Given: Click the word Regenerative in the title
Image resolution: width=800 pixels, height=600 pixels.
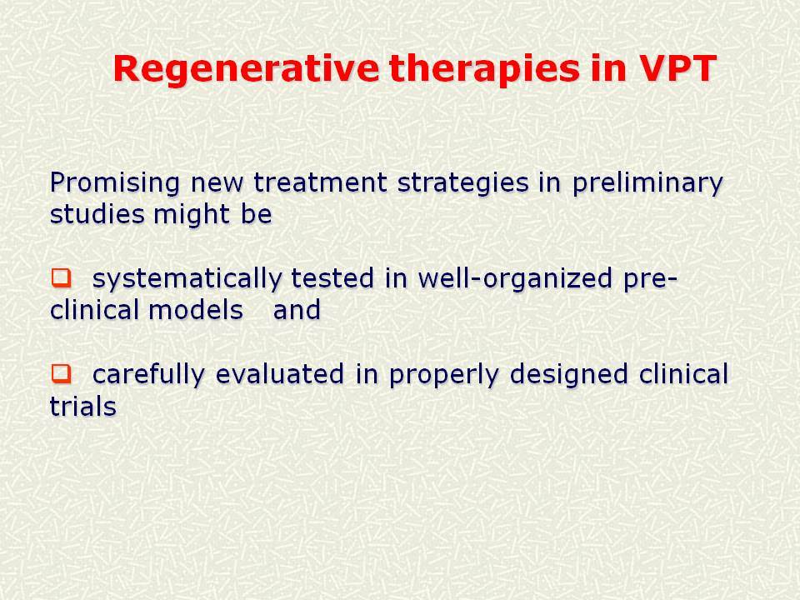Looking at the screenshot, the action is click(246, 70).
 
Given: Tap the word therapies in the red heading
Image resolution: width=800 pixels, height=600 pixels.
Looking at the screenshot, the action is click(484, 70).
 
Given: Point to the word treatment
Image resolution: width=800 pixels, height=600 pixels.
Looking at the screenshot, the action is click(320, 182).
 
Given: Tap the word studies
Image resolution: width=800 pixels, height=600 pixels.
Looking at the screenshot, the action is click(97, 214).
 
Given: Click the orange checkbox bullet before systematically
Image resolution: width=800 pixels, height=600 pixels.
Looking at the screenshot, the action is click(61, 278).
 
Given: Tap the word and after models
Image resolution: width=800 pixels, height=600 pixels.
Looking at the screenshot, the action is click(297, 310).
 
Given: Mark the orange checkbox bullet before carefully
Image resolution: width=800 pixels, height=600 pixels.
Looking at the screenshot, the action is click(61, 374).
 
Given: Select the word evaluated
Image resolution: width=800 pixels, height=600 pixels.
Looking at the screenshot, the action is click(280, 374).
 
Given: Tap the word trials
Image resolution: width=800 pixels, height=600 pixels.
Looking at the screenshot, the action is click(83, 406).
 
